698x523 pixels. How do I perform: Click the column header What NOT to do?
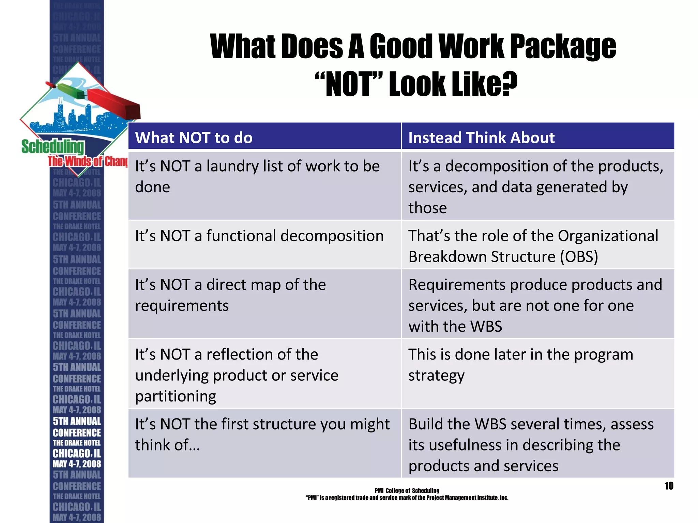pos(194,138)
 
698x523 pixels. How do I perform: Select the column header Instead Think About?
pos(481,138)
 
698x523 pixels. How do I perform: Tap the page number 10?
pos(669,486)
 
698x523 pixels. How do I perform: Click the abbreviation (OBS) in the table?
pos(579,257)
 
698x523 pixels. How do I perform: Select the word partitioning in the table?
pos(176,396)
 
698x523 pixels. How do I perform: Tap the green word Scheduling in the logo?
pos(52,147)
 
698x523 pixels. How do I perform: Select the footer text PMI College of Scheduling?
pos(407,491)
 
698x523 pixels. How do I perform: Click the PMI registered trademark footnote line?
pos(407,498)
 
